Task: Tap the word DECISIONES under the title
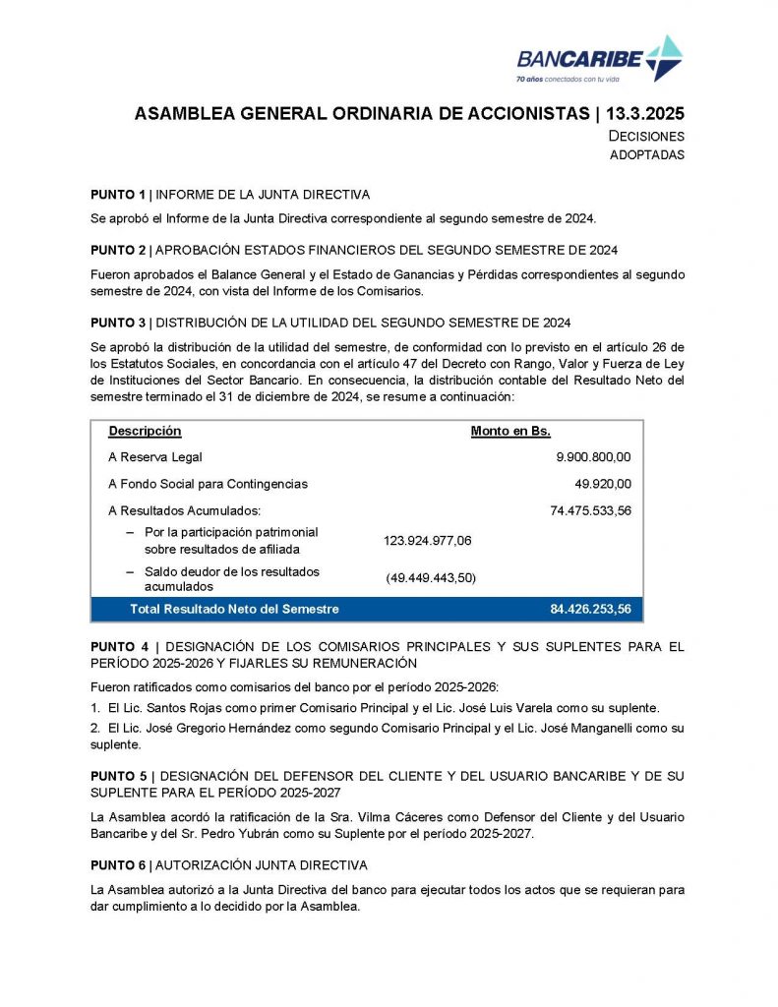[x=646, y=137]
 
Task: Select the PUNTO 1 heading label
[x=118, y=195]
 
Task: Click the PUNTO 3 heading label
[x=118, y=323]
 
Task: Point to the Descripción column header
[x=145, y=431]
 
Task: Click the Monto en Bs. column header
[x=510, y=431]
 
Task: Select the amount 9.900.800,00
[x=593, y=457]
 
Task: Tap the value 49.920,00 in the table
[x=603, y=484]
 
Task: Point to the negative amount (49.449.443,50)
[x=431, y=578]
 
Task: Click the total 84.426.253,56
[x=590, y=610]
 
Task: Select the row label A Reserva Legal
[x=155, y=457]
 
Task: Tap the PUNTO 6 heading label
[x=118, y=865]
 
